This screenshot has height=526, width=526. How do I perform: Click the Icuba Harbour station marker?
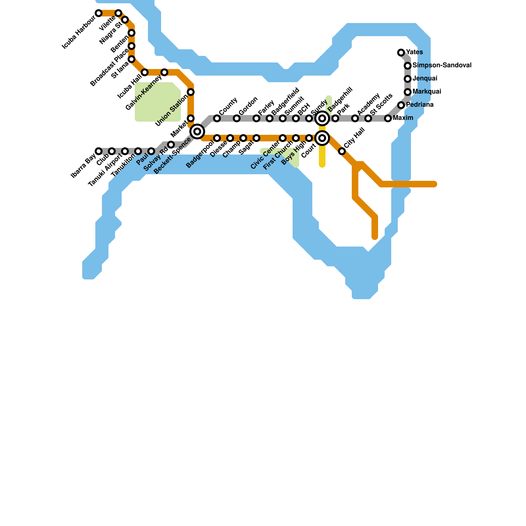pos(99,13)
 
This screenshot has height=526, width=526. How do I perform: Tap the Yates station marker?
pos(401,53)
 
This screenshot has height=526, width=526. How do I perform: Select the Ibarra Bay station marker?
pos(99,151)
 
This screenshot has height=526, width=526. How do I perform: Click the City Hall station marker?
pos(342,151)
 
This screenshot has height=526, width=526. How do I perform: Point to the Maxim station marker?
pos(388,118)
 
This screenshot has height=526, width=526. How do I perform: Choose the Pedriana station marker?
pos(401,105)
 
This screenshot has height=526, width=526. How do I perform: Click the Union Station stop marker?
pos(191,92)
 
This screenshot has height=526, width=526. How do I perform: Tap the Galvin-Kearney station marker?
pos(164,72)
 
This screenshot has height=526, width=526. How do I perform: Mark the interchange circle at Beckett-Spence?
pos(197,131)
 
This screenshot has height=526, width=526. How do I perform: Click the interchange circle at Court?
pos(322,138)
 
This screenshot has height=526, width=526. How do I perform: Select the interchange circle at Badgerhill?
pos(322,118)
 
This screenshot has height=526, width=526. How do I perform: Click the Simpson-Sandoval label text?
pos(442,65)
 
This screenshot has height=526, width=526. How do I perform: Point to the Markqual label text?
pos(427,91)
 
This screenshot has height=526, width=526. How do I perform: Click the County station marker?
pos(217,118)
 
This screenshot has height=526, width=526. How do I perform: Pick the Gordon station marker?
pos(237,118)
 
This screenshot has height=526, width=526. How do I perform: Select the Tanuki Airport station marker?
pos(125,151)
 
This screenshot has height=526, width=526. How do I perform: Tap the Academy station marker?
pos(355,118)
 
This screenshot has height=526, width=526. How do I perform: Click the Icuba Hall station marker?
pos(145,72)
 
